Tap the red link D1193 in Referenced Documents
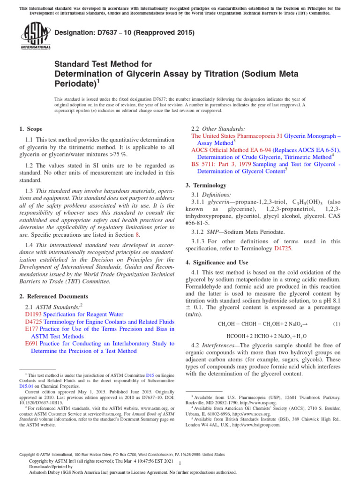tap(32, 314)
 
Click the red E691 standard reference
tap(30, 344)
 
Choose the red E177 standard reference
tap(30, 329)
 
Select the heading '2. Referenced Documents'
tap(53, 296)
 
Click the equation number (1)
tap(337, 324)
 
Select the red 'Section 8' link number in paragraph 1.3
tap(137, 234)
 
